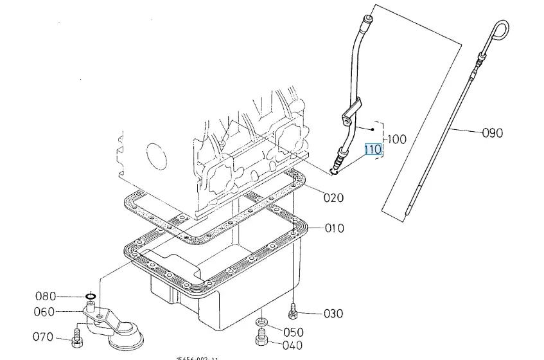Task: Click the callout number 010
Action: click(334, 228)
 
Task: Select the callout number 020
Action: click(333, 198)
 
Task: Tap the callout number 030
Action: click(333, 314)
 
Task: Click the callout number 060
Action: click(45, 312)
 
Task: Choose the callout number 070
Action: click(44, 337)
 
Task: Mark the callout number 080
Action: click(46, 296)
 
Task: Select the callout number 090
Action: click(493, 133)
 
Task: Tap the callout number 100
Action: click(398, 139)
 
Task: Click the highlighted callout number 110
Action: click(373, 150)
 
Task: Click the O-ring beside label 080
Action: click(91, 297)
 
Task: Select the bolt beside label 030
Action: click(294, 312)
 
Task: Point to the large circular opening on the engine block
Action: click(156, 156)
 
